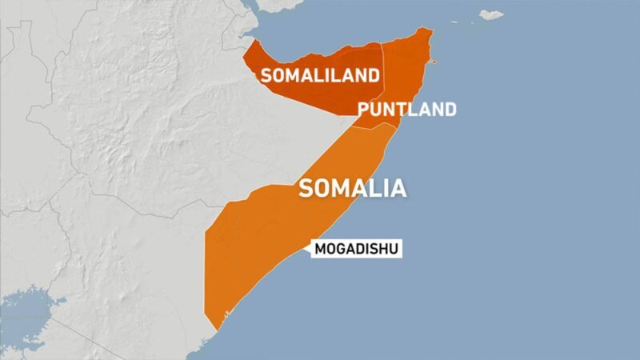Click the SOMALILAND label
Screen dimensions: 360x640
318,76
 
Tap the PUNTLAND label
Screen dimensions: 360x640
407,110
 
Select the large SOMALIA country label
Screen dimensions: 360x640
351,189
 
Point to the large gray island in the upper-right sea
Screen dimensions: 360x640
490,14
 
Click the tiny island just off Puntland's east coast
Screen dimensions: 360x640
434,62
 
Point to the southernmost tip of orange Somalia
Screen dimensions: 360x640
214,329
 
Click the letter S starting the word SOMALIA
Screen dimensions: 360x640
306,189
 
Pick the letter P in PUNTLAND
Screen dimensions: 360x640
364,110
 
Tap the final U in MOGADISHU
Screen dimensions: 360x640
392,249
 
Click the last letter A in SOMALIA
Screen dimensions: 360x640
397,189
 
